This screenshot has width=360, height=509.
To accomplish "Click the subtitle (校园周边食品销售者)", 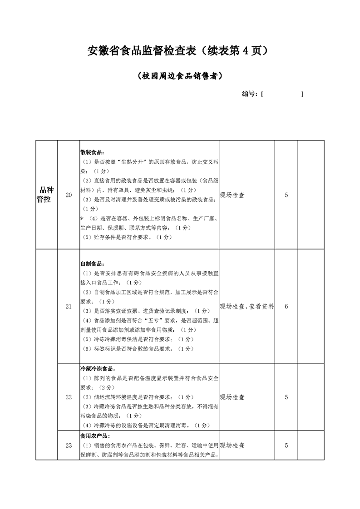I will click(x=180, y=76).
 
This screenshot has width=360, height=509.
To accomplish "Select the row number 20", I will click(x=69, y=195).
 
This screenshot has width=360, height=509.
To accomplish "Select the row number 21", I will click(x=69, y=307).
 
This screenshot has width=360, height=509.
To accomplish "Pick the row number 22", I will click(x=69, y=397).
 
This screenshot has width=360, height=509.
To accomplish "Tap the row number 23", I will click(x=69, y=445).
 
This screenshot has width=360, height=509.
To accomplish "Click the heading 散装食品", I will click(x=92, y=152).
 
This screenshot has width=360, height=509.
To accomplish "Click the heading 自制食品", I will click(x=92, y=264).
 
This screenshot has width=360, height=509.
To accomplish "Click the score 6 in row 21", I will click(x=286, y=307).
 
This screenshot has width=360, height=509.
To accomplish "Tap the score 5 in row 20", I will click(x=286, y=195).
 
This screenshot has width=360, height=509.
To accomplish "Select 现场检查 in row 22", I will click(x=232, y=397).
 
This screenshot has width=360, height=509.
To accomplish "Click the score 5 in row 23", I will click(x=286, y=445).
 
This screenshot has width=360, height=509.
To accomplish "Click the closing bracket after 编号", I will click(x=302, y=94).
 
